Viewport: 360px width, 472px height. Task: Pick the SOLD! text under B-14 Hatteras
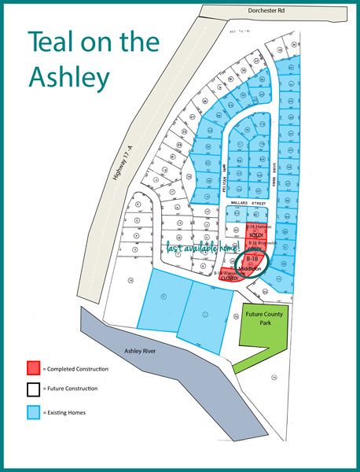[255, 235]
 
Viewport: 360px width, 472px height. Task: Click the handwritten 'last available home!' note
[200, 248]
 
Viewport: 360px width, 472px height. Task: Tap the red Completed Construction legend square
[33, 367]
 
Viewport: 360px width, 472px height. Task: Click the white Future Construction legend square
[33, 389]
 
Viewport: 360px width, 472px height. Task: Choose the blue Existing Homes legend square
[33, 411]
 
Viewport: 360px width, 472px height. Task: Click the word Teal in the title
[60, 43]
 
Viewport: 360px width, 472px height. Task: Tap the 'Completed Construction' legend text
[78, 369]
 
